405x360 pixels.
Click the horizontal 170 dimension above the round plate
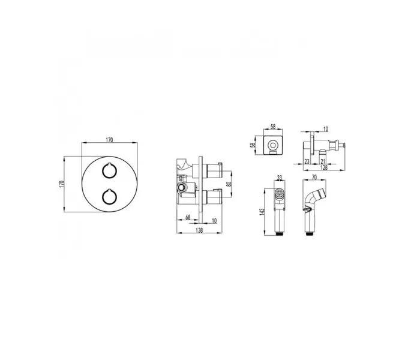tap(110, 140)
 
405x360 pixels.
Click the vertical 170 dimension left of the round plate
tap(61, 184)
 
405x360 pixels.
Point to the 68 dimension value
tap(188, 217)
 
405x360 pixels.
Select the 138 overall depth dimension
tap(199, 230)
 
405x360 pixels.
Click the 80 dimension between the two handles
tap(228, 184)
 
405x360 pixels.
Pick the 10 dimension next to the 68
tap(214, 221)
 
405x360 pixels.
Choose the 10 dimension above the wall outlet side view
tap(325, 129)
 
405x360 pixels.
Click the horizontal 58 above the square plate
tap(273, 127)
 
